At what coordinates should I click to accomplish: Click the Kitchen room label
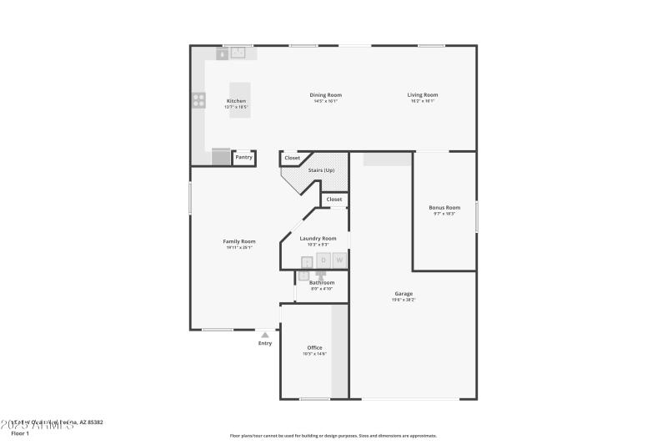[x=236, y=101]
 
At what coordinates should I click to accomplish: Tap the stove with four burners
[x=199, y=101]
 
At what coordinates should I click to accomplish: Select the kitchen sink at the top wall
[x=238, y=53]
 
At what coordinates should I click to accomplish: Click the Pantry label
[x=243, y=157]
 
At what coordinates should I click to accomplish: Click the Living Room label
[x=422, y=95]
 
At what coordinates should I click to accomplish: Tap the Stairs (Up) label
[x=321, y=170]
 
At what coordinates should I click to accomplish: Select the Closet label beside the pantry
[x=292, y=158]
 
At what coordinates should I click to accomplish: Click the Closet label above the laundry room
[x=333, y=200]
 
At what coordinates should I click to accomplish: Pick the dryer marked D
[x=323, y=260]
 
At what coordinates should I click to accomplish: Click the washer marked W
[x=339, y=260]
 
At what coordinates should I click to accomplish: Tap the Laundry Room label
[x=318, y=239]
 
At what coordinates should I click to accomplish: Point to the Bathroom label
[x=322, y=283]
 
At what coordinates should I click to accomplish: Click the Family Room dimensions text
[x=239, y=248]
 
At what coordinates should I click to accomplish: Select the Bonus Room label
[x=444, y=208]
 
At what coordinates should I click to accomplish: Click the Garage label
[x=404, y=294]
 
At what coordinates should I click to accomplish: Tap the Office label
[x=314, y=348]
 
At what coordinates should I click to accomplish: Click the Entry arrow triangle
[x=265, y=335]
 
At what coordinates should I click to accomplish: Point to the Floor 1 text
[x=20, y=433]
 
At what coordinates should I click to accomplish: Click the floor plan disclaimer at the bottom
[x=333, y=436]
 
